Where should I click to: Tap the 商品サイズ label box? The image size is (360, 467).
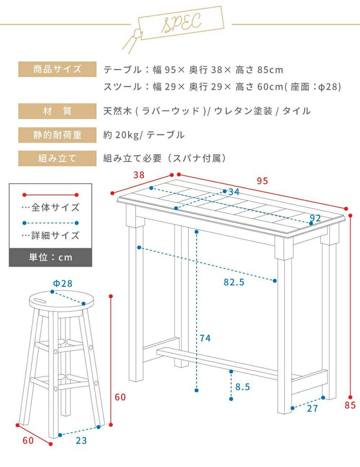(57, 69)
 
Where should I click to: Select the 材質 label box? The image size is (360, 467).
(57, 111)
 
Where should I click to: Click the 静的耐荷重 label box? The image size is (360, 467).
(57, 135)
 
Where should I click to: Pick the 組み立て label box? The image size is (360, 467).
(57, 158)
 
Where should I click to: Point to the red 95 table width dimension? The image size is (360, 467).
(262, 181)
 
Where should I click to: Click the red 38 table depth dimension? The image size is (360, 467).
(139, 175)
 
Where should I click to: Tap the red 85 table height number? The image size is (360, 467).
(350, 405)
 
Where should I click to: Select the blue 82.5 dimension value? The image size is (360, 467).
(234, 282)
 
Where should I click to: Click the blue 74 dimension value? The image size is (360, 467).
(205, 338)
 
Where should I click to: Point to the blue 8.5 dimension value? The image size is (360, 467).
(243, 387)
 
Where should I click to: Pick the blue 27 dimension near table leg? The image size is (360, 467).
(312, 409)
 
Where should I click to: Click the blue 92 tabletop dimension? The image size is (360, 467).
(315, 218)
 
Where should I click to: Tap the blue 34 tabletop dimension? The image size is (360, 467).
(234, 192)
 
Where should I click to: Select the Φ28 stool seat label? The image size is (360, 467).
(63, 283)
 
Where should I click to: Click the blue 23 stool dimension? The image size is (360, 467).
(81, 440)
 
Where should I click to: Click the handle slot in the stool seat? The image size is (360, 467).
(40, 300)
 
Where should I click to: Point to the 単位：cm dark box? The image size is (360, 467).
(50, 257)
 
